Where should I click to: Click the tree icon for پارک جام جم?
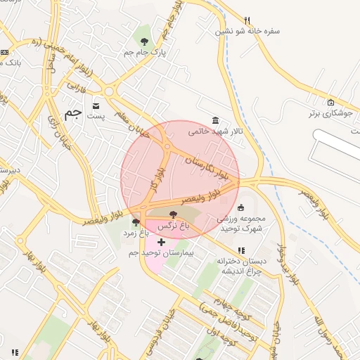pos(145,41)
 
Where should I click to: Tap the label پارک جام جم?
pos(143,53)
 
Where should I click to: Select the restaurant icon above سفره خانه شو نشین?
pos(246,20)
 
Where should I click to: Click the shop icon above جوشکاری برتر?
pos(330,102)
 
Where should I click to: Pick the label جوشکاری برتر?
pos(332,112)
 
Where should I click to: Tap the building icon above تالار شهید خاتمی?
pos(215,120)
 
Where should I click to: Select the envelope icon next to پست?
pos(96,106)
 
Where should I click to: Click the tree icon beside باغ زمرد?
pos(136,222)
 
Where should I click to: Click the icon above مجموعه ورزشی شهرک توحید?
pos(242,207)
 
